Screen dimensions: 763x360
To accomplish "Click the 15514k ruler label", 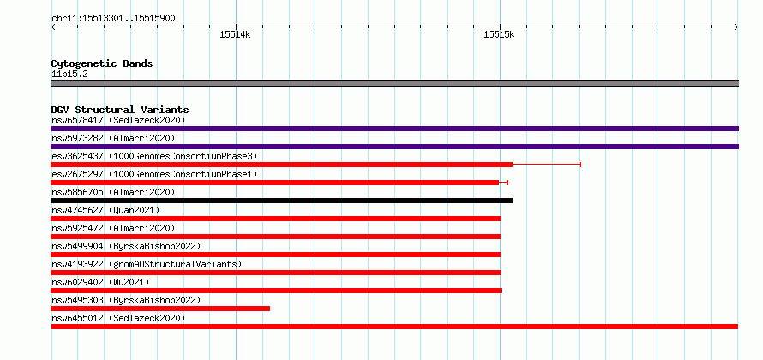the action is point(235,34).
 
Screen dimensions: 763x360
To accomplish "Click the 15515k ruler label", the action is point(499,34).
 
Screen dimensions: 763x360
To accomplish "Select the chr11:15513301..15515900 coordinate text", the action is point(113,19).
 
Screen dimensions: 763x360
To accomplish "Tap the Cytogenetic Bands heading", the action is point(102,63).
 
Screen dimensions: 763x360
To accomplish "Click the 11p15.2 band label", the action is point(69,75).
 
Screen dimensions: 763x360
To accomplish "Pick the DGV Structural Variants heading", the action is point(120,110).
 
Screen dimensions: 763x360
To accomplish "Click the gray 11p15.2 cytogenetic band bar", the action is point(394,83).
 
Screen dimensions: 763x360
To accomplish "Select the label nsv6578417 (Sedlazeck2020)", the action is point(118,120).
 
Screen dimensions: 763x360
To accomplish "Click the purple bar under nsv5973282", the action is point(394,147).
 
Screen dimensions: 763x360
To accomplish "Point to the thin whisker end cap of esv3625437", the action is point(580,165).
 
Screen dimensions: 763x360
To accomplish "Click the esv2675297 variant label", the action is point(77,174).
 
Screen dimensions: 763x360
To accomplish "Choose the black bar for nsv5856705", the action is point(281,201).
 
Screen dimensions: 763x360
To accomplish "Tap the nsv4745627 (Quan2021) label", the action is point(105,210).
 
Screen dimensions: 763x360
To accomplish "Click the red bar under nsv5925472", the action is point(275,237).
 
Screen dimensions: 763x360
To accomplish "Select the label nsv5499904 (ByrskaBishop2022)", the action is point(125,246).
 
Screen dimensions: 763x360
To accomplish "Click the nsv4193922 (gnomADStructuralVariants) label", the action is point(147,264).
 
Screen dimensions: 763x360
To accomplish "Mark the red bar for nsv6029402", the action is point(276,291).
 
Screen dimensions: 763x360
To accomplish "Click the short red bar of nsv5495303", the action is point(160,309).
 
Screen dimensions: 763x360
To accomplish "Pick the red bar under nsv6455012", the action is point(394,327).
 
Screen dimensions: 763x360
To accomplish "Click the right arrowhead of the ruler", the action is point(736,27).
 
